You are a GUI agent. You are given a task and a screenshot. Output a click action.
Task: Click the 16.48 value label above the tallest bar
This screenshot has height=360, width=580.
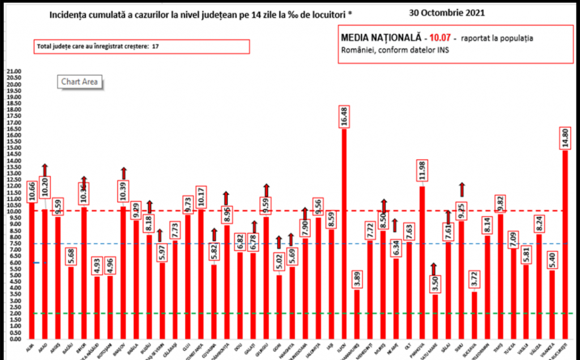(343, 117)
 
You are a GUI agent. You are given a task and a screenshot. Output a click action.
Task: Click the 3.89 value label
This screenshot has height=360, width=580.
(357, 279)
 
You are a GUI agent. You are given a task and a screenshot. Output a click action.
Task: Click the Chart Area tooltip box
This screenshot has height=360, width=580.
(79, 82)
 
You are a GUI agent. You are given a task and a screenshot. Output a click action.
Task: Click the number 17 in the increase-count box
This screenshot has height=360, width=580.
(155, 46)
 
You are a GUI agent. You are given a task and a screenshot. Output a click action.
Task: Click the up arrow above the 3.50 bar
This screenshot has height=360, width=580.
(435, 268)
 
